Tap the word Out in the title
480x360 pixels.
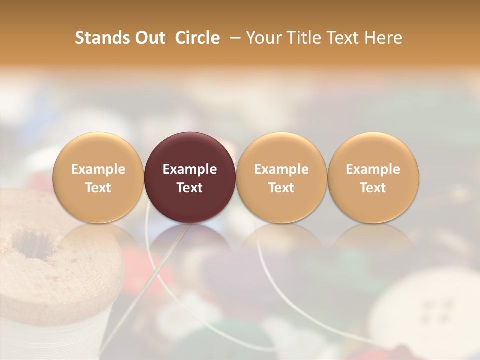[x=149, y=38]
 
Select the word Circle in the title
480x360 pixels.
[x=197, y=38]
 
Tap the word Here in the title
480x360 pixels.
[x=383, y=38]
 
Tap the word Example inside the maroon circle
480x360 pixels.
[x=190, y=169]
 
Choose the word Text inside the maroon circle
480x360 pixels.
[x=190, y=188]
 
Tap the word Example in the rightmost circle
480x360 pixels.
[x=373, y=169]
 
